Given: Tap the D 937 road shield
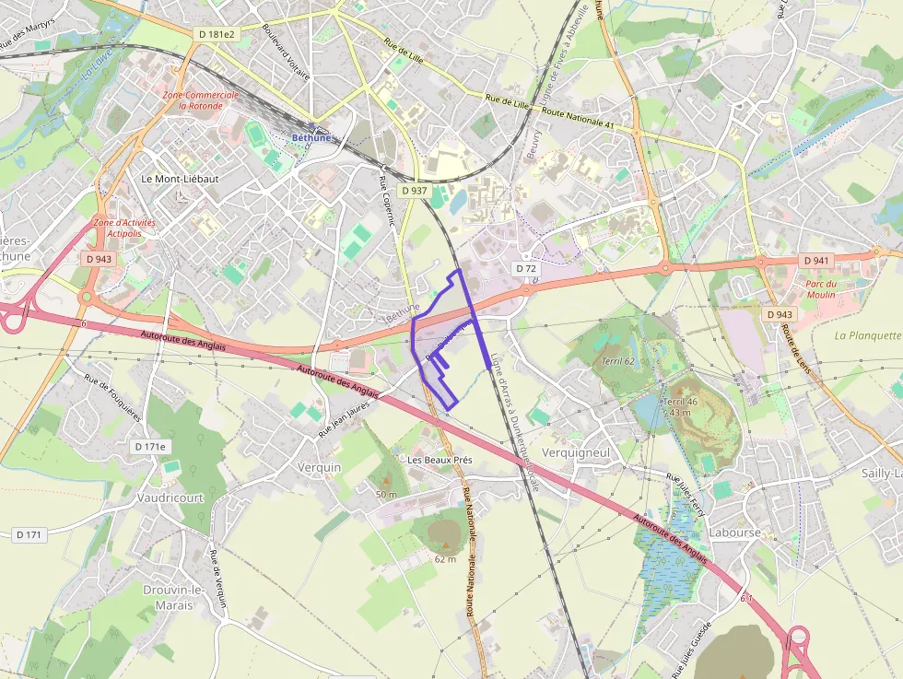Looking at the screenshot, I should pos(414,191).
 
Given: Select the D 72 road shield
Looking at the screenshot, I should pos(526,268).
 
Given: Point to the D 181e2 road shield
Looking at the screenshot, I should pos(217,34).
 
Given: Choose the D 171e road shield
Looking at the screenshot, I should pos(150,447).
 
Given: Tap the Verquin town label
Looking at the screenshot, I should pos(320,467).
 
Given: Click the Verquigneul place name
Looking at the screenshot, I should pos(577,452).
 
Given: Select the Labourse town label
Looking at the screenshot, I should pos(735,533).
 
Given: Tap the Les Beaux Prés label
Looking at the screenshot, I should pos(440,459).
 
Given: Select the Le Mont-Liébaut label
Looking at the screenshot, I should pos(181,179).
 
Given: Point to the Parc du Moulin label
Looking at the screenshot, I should pos(820,289).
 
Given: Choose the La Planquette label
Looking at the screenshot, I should pos(867,335).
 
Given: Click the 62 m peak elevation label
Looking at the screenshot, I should pos(445,559).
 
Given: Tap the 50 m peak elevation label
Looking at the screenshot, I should pos(386,495).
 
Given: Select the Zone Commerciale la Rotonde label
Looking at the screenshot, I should pos(200,100).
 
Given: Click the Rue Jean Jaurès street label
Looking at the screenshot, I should pos(344,416).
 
